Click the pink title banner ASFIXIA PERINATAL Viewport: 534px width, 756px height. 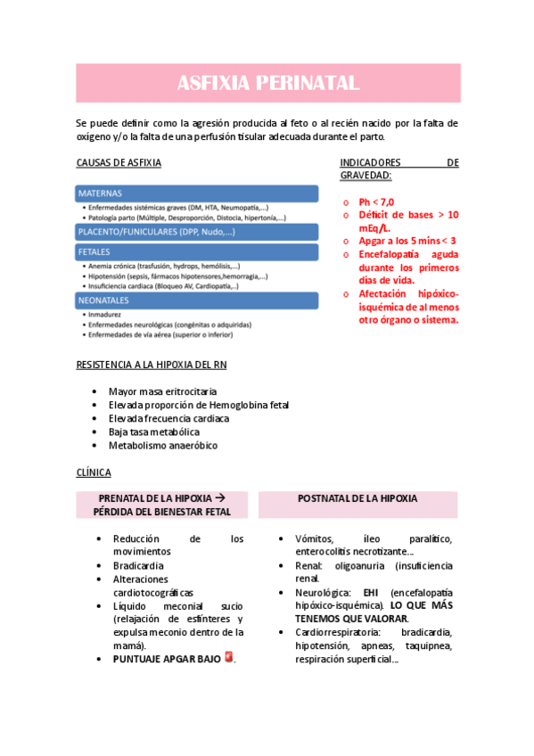(x=267, y=84)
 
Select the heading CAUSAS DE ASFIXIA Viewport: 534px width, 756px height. (x=119, y=162)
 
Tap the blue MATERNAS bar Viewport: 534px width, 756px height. (x=196, y=193)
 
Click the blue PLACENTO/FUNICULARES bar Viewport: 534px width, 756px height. (x=196, y=231)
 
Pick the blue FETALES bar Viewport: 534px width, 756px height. (x=196, y=252)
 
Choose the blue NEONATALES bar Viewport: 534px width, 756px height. (x=196, y=300)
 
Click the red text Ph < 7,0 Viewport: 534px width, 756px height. (x=376, y=201)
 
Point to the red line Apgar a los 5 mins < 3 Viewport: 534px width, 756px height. (x=407, y=241)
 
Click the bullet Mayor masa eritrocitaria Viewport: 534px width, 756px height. (x=162, y=391)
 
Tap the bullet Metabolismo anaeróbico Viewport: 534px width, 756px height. (x=162, y=445)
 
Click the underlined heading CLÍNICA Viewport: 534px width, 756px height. (x=94, y=472)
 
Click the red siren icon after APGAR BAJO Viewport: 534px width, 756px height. (x=229, y=657)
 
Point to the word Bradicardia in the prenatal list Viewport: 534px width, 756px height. (x=138, y=565)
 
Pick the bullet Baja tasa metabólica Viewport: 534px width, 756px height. (x=154, y=431)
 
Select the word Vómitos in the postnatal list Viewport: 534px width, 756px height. (x=314, y=538)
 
